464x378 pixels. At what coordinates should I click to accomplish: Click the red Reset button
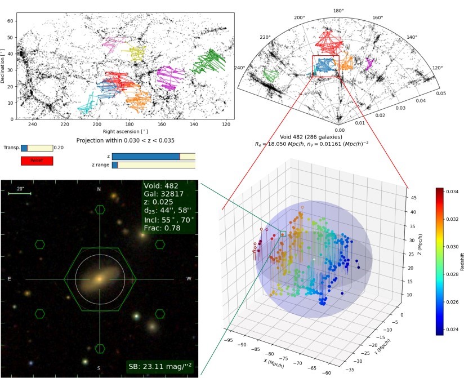(37, 161)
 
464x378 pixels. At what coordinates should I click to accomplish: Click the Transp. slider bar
(37, 148)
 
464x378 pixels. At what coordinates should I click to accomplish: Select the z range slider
(153, 164)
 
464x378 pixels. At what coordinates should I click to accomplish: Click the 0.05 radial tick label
(441, 94)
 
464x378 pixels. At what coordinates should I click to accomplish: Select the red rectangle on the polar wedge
(325, 66)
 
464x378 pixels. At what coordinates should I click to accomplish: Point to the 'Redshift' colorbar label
(462, 261)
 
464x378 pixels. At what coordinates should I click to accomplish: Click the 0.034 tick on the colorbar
(452, 192)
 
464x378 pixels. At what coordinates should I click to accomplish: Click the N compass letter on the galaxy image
(100, 189)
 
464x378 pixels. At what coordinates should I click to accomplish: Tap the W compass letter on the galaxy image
(189, 279)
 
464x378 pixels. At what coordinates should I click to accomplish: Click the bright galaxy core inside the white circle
(99, 279)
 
